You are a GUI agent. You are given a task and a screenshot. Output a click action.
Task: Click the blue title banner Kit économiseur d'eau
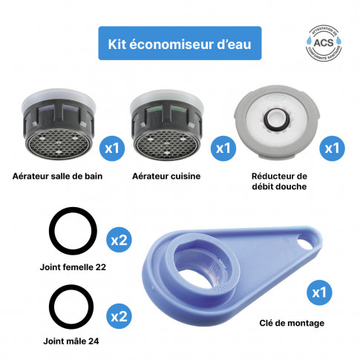coord(180,45)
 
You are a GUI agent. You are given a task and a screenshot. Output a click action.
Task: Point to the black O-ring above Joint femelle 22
coord(73,232)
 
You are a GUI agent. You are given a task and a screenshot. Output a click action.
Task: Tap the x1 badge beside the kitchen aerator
coord(221,148)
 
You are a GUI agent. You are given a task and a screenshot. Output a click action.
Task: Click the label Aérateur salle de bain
coord(56,177)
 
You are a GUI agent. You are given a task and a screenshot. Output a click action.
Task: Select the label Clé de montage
coord(293,323)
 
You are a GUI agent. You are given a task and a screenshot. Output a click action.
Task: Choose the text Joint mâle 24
coord(73,342)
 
